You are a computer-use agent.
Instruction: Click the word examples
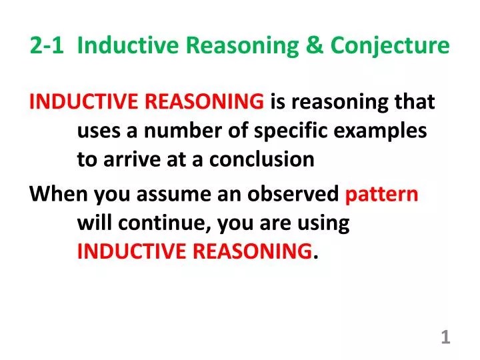point(387,131)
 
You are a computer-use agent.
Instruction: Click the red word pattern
point(382,194)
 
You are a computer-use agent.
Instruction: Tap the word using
point(324,223)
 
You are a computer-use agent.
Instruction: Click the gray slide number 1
point(445,338)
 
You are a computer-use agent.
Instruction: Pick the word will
point(94,223)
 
